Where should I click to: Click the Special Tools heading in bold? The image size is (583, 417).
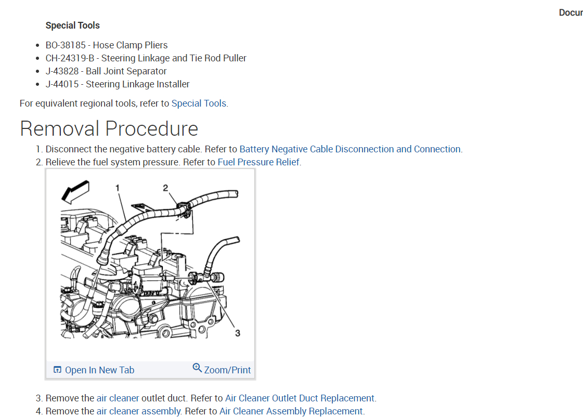coord(72,25)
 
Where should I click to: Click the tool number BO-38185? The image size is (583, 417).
coord(65,45)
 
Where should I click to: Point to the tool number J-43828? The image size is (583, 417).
coord(62,71)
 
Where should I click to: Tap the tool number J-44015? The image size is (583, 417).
coord(62,84)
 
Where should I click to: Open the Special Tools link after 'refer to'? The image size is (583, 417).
coord(199,103)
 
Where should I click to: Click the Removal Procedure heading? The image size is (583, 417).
coord(109,128)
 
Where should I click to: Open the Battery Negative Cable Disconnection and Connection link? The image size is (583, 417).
coord(349,149)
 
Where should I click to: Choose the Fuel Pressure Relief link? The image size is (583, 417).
coord(258,162)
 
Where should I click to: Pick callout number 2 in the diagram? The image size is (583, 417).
coord(165,187)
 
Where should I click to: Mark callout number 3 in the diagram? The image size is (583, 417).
coord(238,333)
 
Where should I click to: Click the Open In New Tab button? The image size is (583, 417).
coord(94,370)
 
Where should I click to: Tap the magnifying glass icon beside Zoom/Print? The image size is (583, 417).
coord(197,368)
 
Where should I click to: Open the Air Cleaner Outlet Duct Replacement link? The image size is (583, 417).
coord(299,398)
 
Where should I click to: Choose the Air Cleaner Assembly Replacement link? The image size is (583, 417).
coord(291,411)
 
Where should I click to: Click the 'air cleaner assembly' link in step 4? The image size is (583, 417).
coord(138,411)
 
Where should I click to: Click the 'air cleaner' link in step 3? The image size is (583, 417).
coord(118,398)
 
